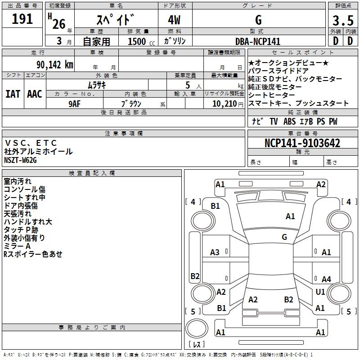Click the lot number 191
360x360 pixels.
(x=22, y=19)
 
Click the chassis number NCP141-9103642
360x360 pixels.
(x=302, y=143)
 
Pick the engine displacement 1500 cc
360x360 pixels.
(x=138, y=41)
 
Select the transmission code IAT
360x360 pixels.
(x=13, y=94)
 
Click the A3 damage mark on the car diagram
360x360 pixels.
(x=215, y=252)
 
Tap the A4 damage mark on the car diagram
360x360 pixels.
(x=326, y=279)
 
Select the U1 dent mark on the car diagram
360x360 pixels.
(x=320, y=292)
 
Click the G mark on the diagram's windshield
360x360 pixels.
(x=284, y=237)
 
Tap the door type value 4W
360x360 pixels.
(x=175, y=20)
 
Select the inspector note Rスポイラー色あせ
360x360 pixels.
(x=33, y=254)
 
